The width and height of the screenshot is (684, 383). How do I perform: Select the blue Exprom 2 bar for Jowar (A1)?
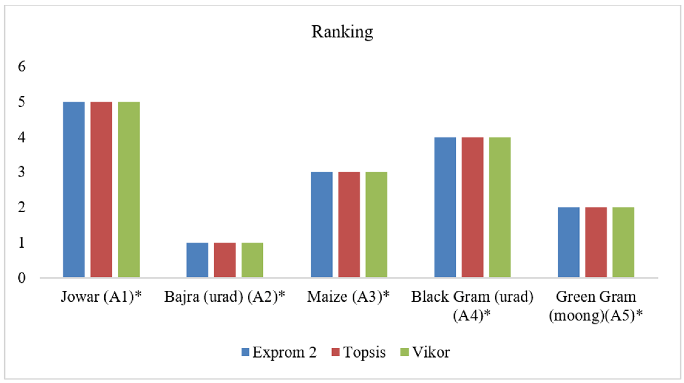pos(74,190)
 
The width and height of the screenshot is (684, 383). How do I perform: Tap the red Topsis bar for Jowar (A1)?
pos(101,190)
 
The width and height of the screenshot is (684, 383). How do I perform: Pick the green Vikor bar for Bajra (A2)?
pos(252,260)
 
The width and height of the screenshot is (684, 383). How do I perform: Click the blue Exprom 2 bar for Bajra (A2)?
pos(197,260)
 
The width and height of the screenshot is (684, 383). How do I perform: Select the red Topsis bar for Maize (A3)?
pos(349,225)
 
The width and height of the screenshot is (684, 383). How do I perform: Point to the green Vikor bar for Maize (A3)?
pos(376,225)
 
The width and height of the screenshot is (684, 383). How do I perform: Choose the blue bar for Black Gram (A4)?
pos(445,207)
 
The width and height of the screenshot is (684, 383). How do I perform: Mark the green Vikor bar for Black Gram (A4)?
pos(500,207)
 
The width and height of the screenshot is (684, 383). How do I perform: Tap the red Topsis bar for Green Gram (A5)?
pos(596,242)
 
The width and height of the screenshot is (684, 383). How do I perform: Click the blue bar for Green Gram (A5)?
pos(568,242)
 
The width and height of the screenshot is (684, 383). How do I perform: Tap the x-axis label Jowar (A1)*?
pos(101,297)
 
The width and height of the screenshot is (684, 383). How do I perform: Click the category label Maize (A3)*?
pos(348,297)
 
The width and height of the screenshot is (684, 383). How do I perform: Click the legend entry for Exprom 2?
pos(279,352)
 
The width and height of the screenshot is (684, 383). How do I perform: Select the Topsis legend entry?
pos(359,352)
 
